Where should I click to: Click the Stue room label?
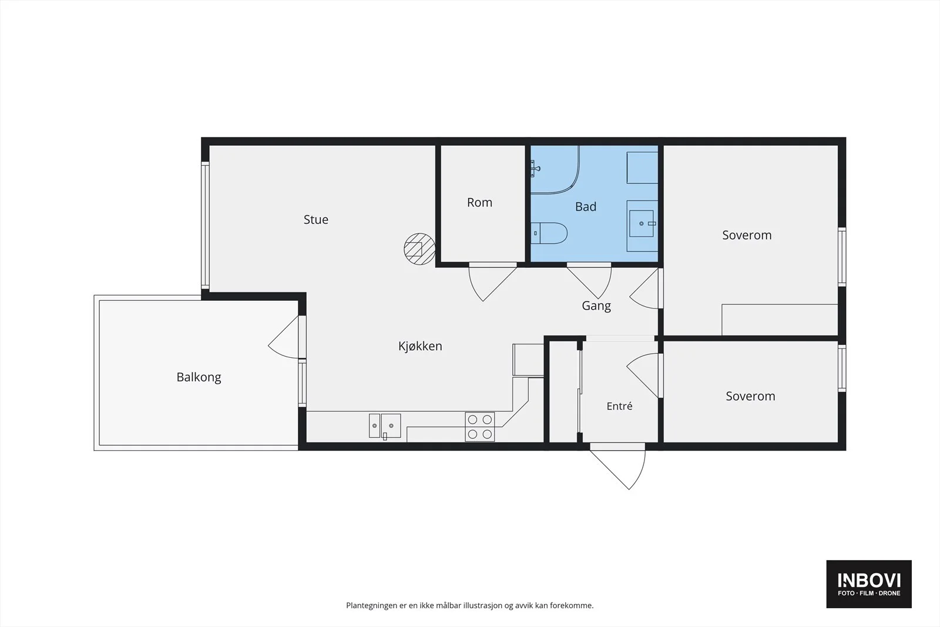click(x=316, y=220)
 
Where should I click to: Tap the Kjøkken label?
click(x=420, y=346)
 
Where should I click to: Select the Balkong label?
click(x=199, y=377)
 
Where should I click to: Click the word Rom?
click(x=479, y=203)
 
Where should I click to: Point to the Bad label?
click(x=585, y=206)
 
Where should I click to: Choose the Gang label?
click(x=596, y=306)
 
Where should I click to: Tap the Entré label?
click(x=619, y=406)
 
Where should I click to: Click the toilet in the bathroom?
click(x=549, y=233)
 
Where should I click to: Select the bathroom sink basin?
click(x=641, y=224)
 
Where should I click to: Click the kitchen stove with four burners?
click(x=479, y=427)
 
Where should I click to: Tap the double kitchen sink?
click(x=385, y=426)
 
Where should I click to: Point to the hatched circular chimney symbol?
click(x=419, y=249)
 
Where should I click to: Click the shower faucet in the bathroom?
click(x=535, y=169)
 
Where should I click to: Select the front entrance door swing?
click(x=617, y=466)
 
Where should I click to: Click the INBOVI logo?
click(x=869, y=584)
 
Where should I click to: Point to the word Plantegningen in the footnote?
click(x=372, y=606)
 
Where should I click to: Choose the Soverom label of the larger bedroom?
click(x=747, y=235)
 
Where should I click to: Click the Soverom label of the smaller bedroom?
click(x=750, y=396)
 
